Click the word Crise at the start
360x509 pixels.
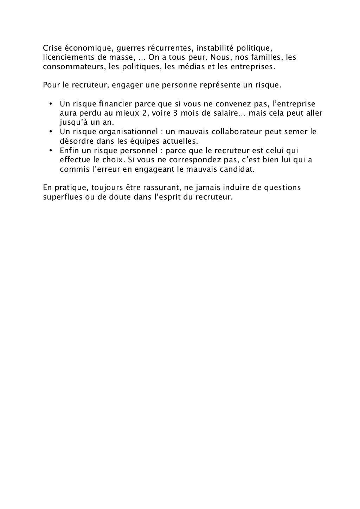(x=52, y=47)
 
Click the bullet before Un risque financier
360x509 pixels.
(x=51, y=104)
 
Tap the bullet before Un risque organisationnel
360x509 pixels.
(x=51, y=132)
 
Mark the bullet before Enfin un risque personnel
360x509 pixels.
(x=51, y=151)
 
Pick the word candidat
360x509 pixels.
(x=237, y=169)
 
